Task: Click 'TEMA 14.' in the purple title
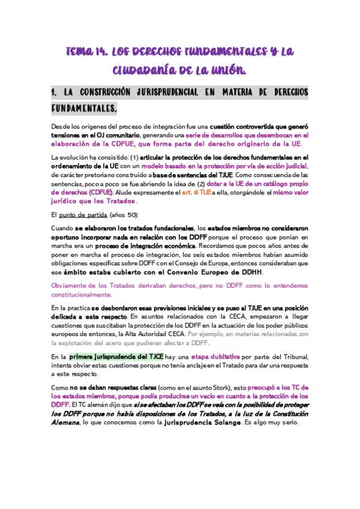pos(84,53)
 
